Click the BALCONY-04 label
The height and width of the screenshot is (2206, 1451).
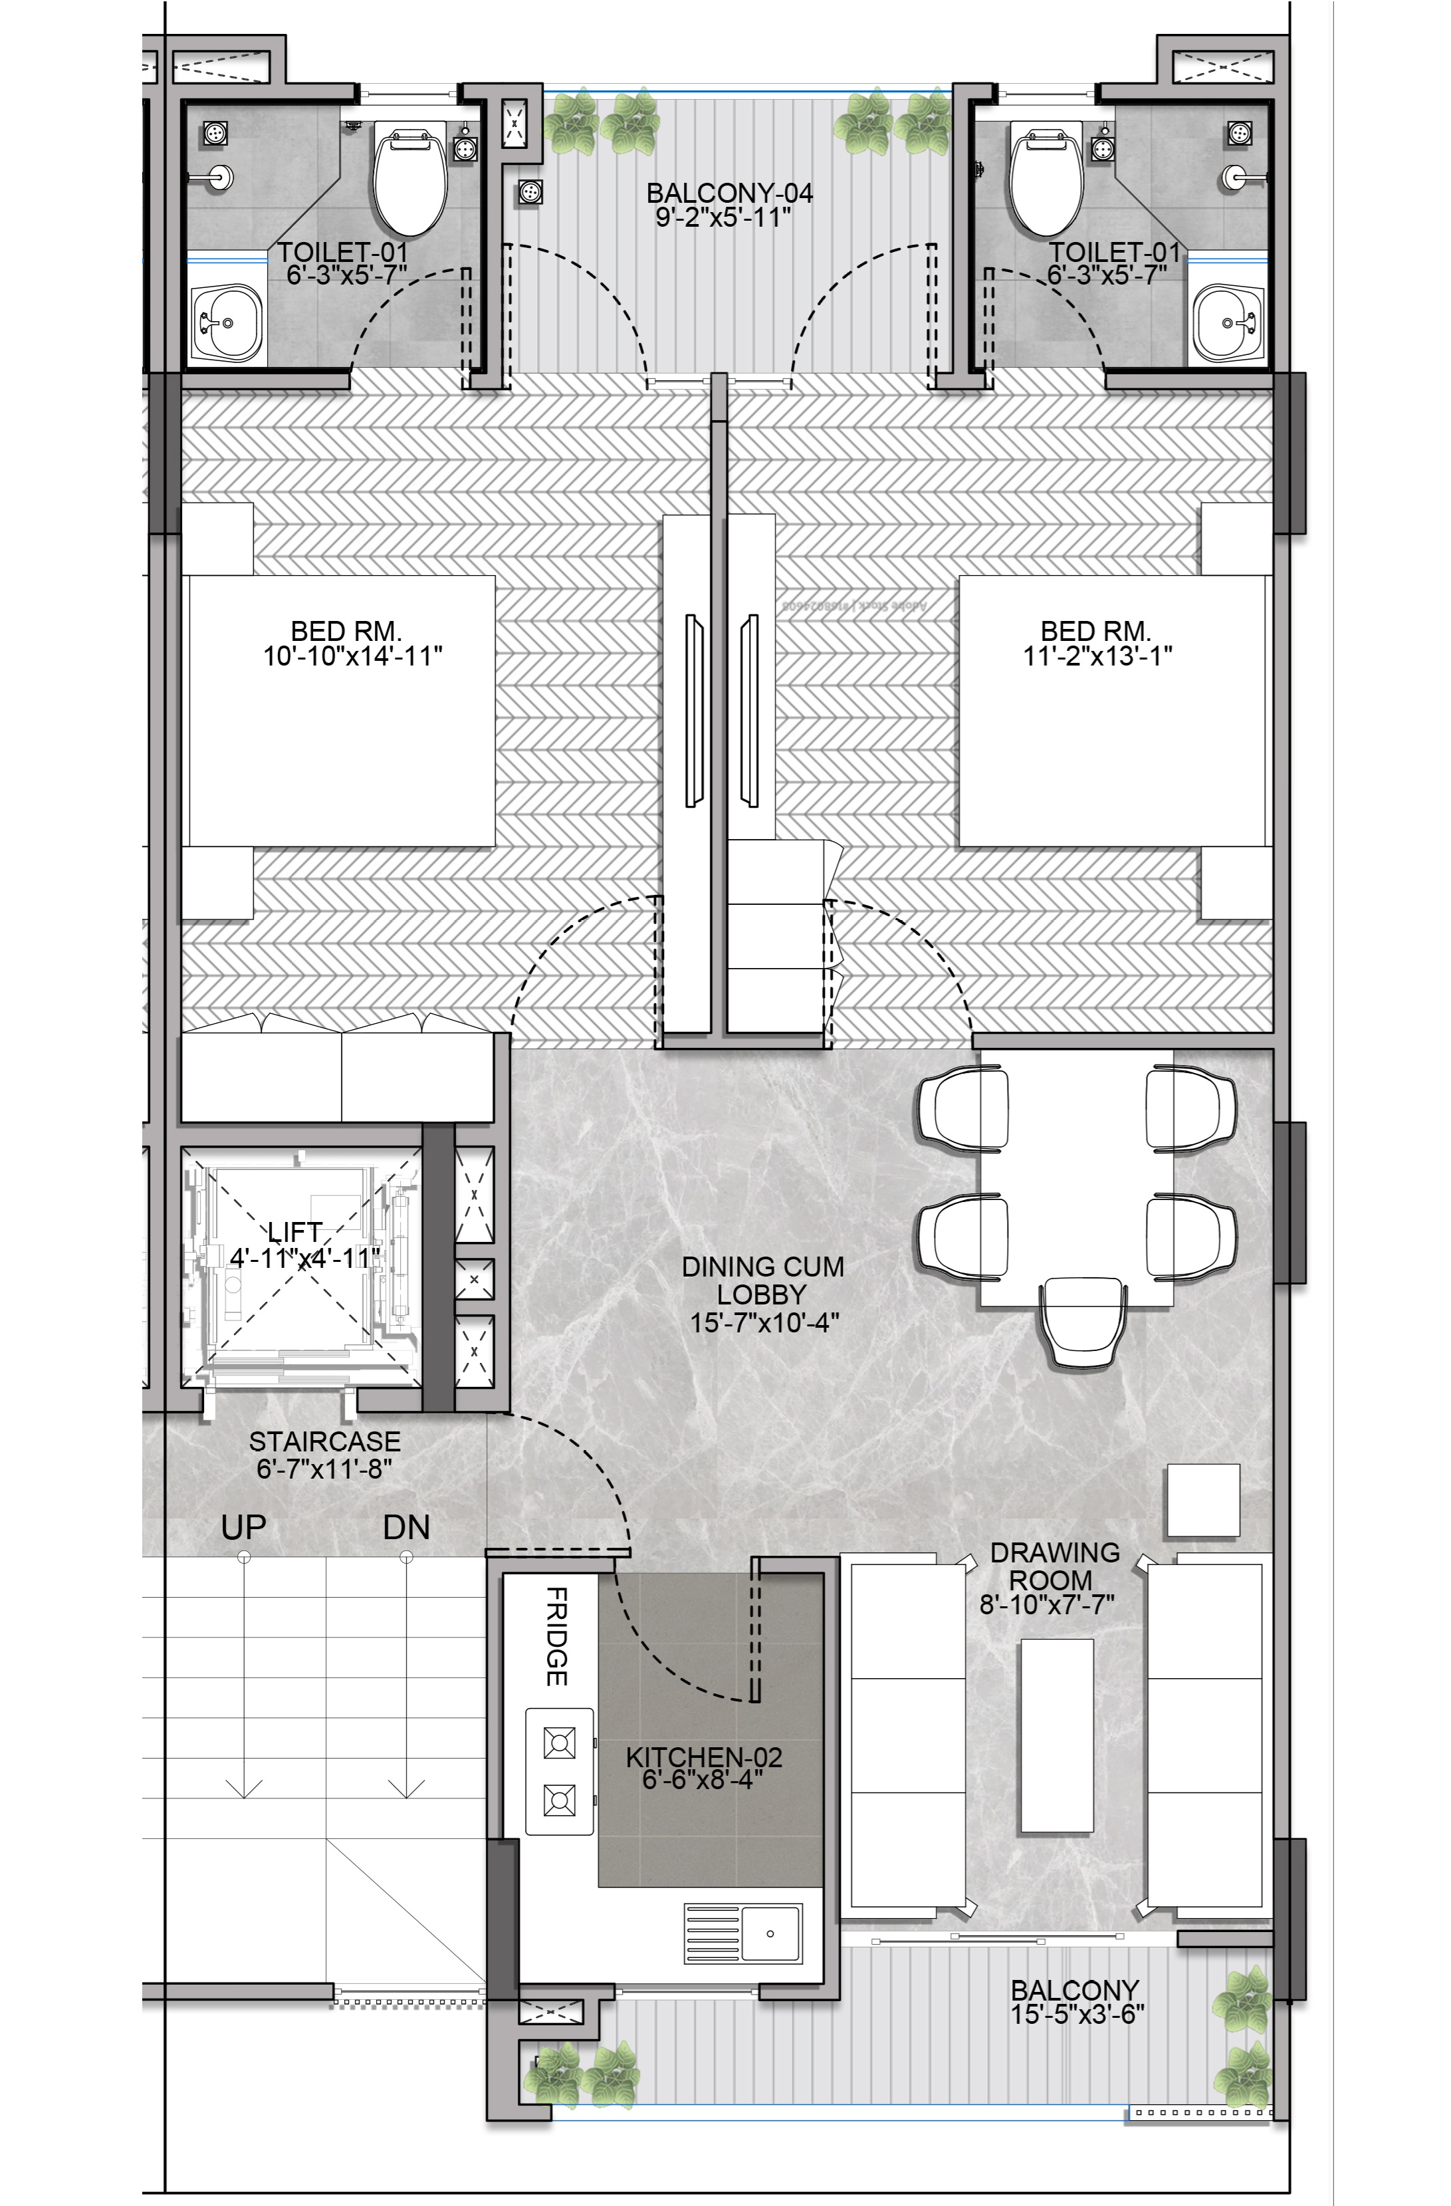click(729, 193)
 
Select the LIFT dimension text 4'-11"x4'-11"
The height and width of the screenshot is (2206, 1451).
click(305, 1258)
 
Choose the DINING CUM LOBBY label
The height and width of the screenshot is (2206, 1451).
click(762, 1280)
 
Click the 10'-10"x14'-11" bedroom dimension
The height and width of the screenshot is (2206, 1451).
click(352, 656)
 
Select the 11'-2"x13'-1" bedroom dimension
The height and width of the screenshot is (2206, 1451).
click(1097, 656)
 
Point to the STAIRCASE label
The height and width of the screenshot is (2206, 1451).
click(324, 1441)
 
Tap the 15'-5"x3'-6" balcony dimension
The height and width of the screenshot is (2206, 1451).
click(1077, 2014)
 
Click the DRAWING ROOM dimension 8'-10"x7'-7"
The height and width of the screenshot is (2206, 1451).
click(1047, 1604)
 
